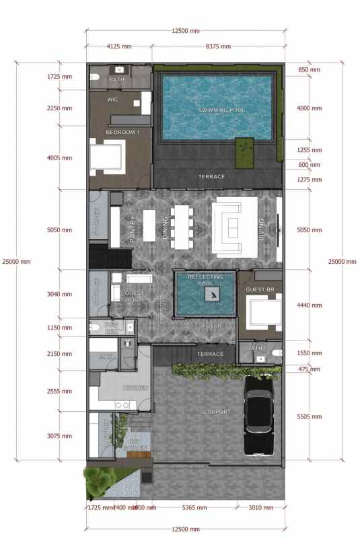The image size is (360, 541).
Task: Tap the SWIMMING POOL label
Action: [x=221, y=110]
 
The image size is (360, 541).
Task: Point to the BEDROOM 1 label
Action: [x=123, y=132]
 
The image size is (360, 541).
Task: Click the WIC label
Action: [x=113, y=100]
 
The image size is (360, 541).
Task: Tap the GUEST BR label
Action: [x=259, y=289]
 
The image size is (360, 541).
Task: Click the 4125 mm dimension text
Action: [x=118, y=46]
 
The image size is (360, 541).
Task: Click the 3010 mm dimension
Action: [x=260, y=507]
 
